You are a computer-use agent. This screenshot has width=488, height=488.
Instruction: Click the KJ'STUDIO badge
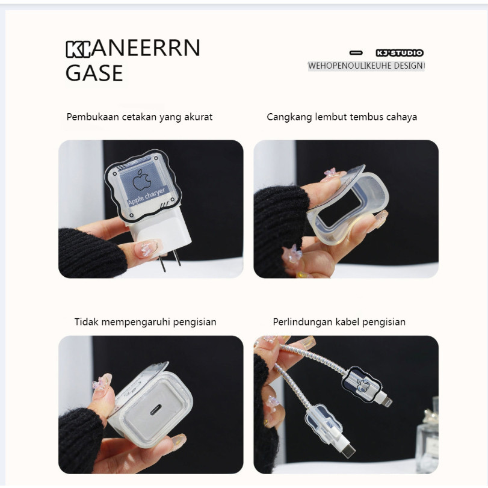[400, 53]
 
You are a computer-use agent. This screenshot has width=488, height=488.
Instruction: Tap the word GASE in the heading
[94, 73]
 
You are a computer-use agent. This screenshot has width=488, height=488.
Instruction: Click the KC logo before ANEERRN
[78, 49]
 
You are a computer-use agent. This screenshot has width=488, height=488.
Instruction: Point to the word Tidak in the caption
[86, 321]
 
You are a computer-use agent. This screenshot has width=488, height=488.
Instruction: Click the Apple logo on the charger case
[142, 180]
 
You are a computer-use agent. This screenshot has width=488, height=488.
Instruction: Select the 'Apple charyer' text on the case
[146, 197]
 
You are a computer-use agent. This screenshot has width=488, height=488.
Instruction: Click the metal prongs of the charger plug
[170, 259]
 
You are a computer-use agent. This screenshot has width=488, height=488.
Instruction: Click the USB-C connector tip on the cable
[348, 451]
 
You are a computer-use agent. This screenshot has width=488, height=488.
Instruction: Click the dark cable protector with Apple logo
[362, 383]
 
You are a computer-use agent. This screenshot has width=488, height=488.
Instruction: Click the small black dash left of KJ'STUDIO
[356, 53]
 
